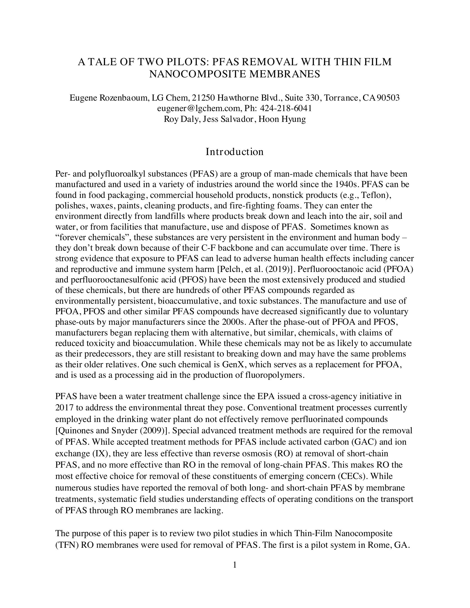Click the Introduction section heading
(x=234, y=152)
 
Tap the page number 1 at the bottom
(x=235, y=565)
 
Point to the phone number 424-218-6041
(x=286, y=108)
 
